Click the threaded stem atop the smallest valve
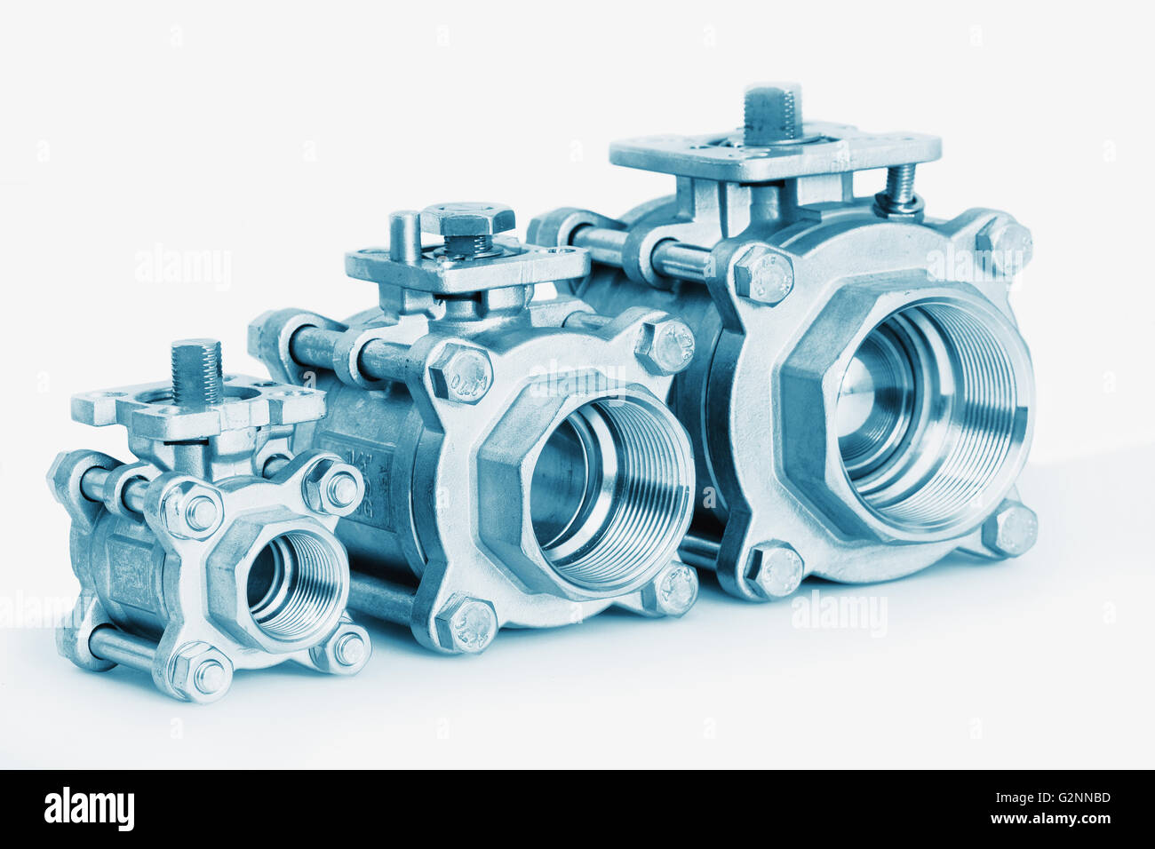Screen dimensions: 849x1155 click(196, 371)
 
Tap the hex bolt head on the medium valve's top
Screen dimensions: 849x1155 click(467, 219)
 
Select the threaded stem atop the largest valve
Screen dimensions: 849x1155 click(772, 112)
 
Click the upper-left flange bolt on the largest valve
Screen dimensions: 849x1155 click(763, 274)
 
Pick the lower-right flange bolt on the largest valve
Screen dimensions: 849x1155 click(1011, 529)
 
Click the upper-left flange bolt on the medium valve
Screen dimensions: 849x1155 click(459, 372)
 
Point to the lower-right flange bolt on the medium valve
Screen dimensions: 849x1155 click(673, 589)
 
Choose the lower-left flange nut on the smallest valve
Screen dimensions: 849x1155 click(202, 672)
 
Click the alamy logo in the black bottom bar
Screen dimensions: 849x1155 click(89, 808)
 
